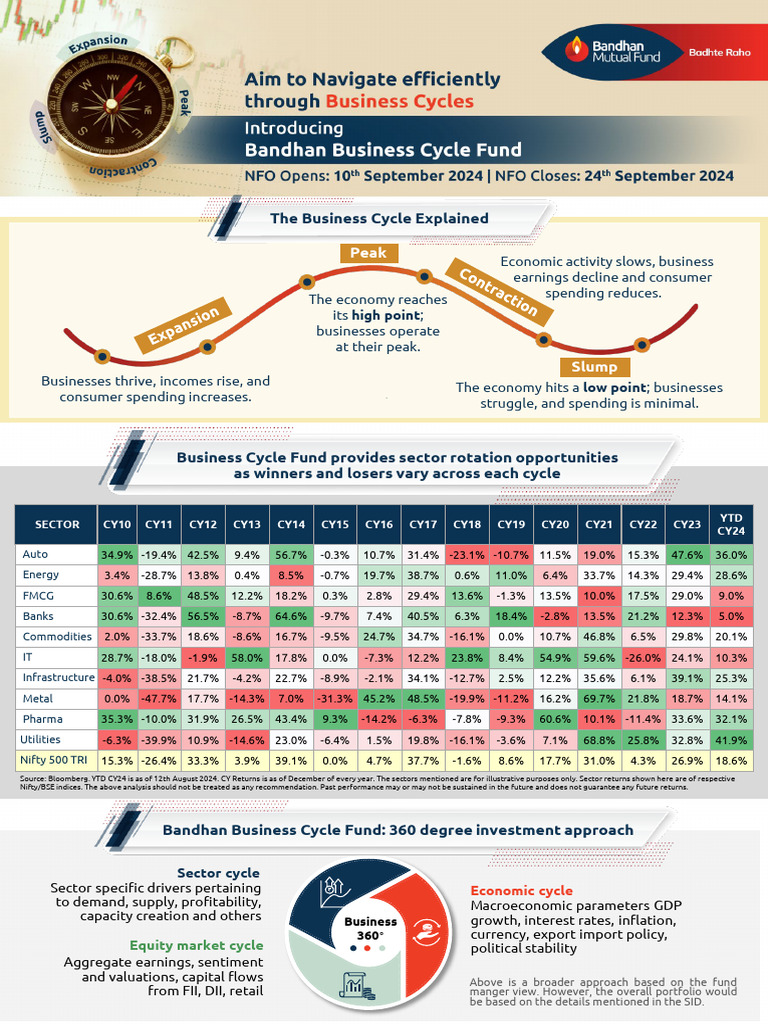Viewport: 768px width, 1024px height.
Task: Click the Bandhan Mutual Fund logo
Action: (x=606, y=51)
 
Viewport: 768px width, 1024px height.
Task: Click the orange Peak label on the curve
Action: (x=368, y=253)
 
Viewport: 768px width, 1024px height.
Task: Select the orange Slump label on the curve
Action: (x=594, y=366)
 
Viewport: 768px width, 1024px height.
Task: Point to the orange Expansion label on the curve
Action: (x=184, y=327)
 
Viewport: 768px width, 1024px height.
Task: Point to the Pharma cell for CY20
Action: (x=556, y=719)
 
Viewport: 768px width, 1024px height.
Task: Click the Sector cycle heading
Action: (x=218, y=873)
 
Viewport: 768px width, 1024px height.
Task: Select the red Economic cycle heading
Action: (x=522, y=890)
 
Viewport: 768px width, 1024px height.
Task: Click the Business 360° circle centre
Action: (x=370, y=929)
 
